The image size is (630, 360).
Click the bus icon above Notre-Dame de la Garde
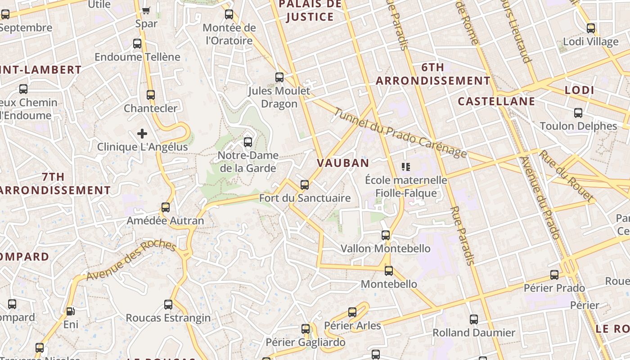click(247, 142)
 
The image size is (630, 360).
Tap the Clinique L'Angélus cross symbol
click(142, 134)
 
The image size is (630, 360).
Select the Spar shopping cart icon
click(146, 10)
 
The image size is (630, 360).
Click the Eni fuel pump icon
click(70, 311)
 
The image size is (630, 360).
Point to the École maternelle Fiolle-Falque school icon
click(406, 167)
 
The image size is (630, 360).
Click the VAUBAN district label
click(343, 163)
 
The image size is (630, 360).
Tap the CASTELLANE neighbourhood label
click(496, 101)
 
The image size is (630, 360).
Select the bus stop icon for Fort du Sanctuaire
click(305, 184)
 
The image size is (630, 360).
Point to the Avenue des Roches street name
click(130, 260)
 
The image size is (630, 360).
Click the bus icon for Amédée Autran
click(166, 207)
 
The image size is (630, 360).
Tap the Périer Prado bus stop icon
click(554, 274)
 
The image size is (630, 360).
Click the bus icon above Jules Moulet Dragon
click(279, 77)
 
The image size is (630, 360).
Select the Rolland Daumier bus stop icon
click(474, 319)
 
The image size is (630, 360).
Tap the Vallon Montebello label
click(385, 248)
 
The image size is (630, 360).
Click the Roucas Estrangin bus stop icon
click(168, 305)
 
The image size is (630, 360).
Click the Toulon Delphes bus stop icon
click(578, 112)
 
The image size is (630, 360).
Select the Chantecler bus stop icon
click(151, 95)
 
